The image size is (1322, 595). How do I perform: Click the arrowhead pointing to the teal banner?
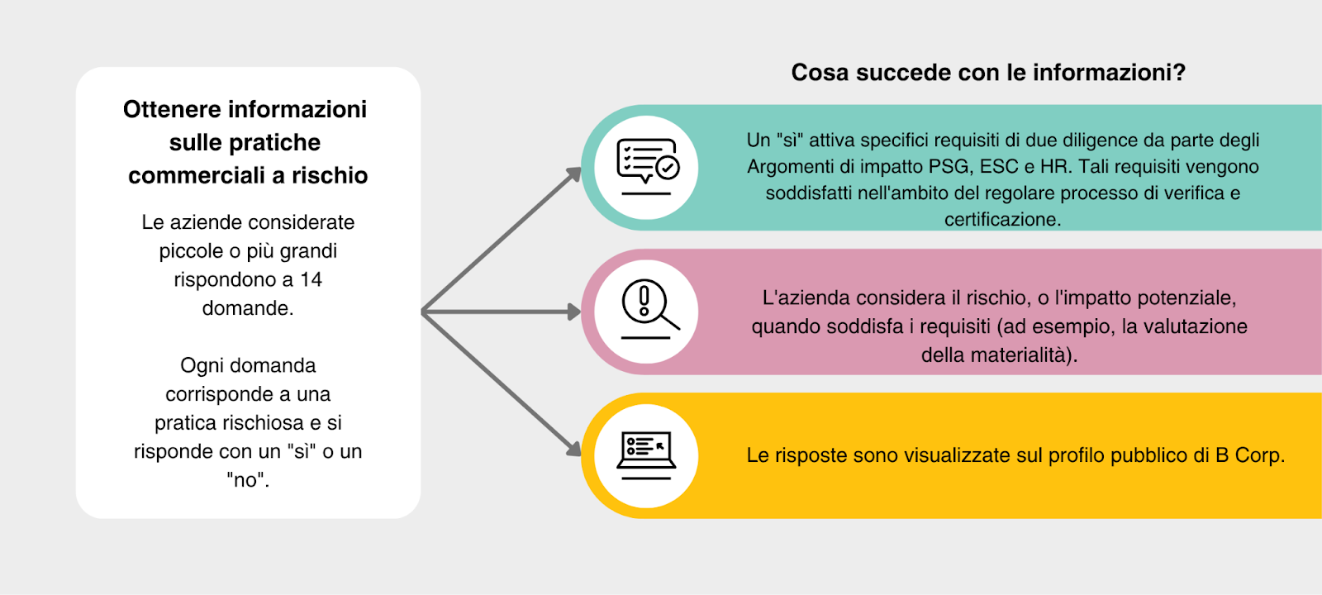(x=573, y=174)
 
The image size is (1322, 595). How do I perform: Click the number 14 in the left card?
(x=311, y=280)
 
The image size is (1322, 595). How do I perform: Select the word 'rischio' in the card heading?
(x=330, y=176)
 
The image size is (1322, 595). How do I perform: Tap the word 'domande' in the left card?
(x=246, y=308)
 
